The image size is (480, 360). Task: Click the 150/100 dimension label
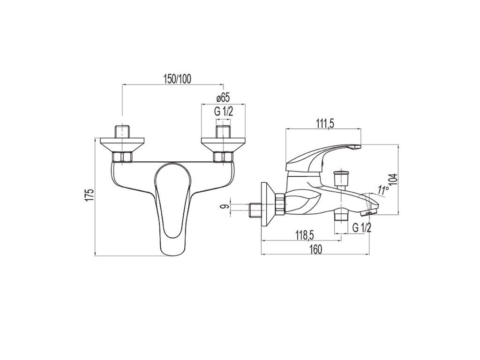pyautogui.click(x=178, y=79)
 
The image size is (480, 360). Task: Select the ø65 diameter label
pyautogui.click(x=223, y=98)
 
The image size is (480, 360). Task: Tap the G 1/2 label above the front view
pyautogui.click(x=224, y=112)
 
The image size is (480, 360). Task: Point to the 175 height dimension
pyautogui.click(x=89, y=195)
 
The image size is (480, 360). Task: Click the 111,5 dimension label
pyautogui.click(x=323, y=124)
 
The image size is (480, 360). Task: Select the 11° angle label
pyautogui.click(x=382, y=190)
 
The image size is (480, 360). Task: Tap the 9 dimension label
pyautogui.click(x=226, y=207)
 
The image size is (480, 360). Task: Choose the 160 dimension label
pyautogui.click(x=315, y=249)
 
